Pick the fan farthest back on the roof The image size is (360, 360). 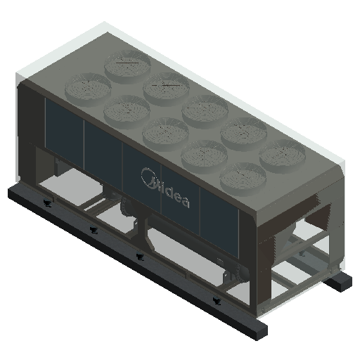(127, 66)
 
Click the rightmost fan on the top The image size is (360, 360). (283, 156)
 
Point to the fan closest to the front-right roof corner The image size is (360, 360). (243, 179)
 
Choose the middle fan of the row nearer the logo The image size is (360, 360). (165, 134)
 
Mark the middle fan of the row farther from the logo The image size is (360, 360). (205, 112)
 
